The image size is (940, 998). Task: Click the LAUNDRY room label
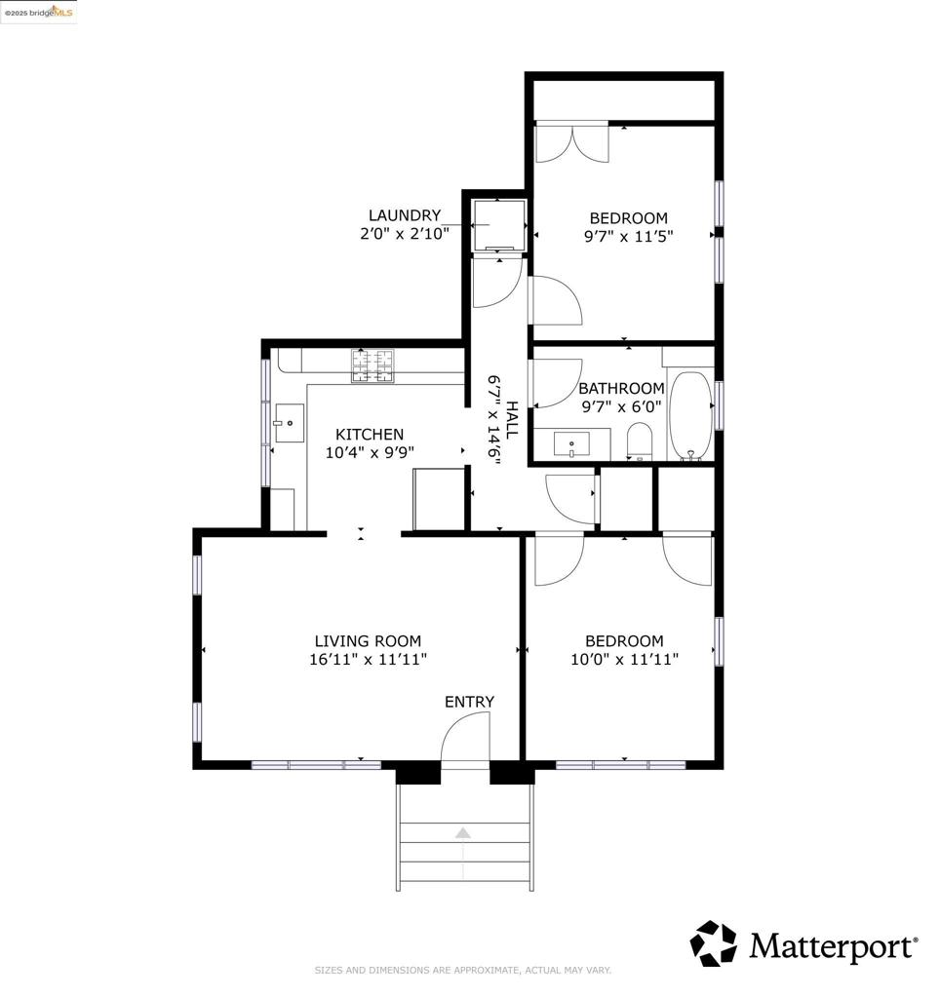coord(405,215)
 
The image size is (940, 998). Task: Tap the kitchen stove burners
coord(375,365)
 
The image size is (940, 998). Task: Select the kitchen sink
coord(289,423)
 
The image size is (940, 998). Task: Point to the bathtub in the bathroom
coord(690,415)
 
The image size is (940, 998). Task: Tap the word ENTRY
coord(469,702)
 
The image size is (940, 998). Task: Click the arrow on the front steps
coord(463,833)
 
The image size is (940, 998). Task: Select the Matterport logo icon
coord(714,943)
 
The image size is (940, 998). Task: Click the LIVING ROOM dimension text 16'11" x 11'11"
coord(368,659)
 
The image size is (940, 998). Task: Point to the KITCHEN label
coord(370,435)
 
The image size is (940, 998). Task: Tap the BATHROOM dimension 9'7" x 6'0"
coord(621,406)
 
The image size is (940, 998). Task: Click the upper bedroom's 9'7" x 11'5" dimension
coord(628,235)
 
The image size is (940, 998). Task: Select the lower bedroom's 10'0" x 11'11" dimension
coord(624,659)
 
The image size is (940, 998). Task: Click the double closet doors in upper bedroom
coord(572,142)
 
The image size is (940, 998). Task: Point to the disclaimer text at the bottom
coord(463,970)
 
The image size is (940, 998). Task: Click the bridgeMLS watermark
coord(38,12)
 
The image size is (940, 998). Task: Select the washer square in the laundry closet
coord(499,225)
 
